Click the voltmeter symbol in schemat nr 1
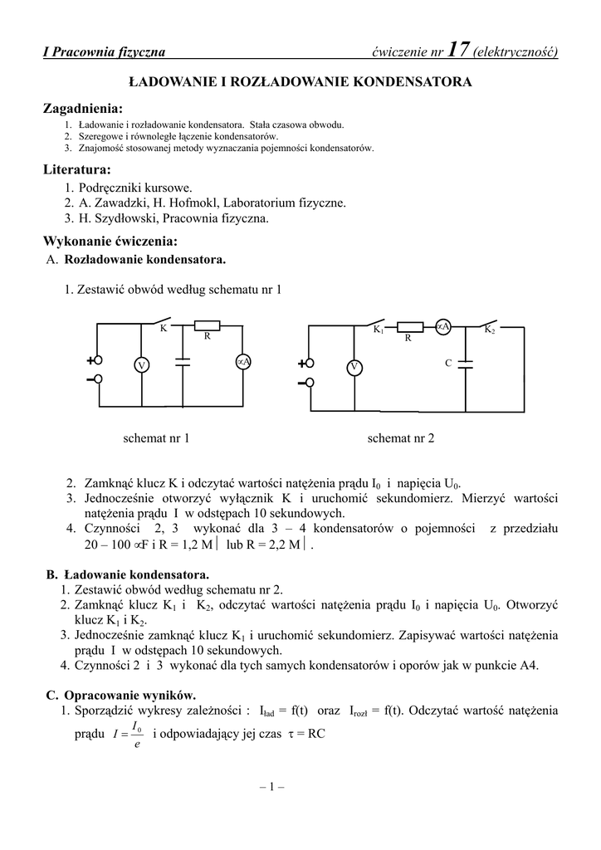(141, 365)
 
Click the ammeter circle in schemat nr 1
(243, 362)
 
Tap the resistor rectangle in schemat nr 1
(207, 325)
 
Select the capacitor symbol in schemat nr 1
(183, 362)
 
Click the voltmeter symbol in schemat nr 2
(354, 367)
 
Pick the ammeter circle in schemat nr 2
(443, 327)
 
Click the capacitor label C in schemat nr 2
(448, 364)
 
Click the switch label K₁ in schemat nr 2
(378, 330)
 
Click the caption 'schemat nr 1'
(156, 437)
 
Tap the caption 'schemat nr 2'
(401, 437)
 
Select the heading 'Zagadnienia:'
(82, 109)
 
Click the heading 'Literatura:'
(77, 169)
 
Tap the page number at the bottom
(271, 787)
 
